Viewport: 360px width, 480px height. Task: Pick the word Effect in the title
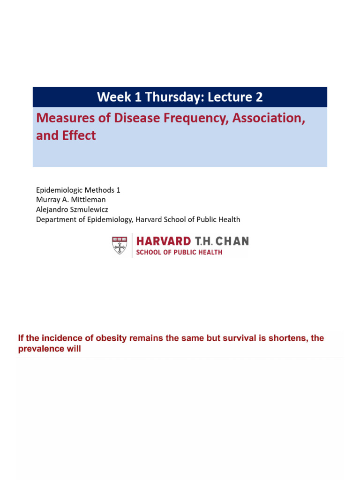pos(79,135)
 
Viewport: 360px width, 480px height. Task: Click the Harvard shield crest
pos(120,246)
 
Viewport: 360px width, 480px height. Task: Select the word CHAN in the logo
pos(232,241)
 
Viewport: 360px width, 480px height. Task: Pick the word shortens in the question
pos(280,338)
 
